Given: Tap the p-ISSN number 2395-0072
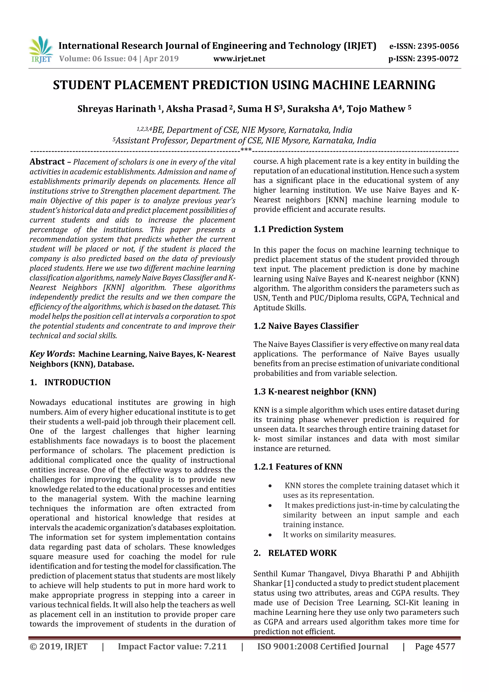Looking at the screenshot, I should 437,59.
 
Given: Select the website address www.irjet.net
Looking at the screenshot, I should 239,59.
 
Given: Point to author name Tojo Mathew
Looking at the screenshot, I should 376,109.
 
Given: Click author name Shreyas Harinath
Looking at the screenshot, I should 116,109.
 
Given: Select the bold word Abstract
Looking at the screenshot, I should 47,162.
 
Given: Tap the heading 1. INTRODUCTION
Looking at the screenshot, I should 70,382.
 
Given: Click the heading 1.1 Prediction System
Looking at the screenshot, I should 298,229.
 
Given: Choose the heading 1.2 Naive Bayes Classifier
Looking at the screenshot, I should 306,326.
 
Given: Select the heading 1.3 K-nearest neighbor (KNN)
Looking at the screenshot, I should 314,392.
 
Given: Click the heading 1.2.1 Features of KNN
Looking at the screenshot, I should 298,467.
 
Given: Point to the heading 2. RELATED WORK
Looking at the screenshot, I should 295,553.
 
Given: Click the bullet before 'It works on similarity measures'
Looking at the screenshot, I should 270,535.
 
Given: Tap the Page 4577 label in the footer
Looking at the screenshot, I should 435,646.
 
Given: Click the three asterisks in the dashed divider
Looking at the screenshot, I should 246,150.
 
